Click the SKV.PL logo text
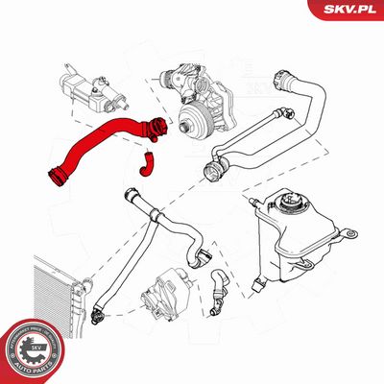[348, 9]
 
